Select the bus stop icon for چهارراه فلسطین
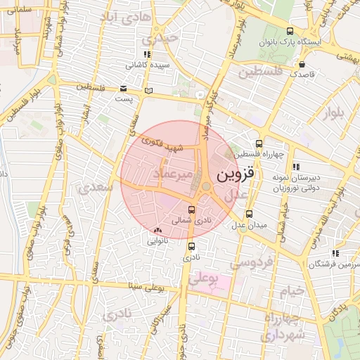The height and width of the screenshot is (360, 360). pos(259,143)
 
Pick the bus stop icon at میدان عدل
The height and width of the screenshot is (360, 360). pos(249,214)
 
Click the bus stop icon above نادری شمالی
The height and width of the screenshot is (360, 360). pos(192,210)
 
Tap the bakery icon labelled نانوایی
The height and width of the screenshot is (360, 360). pos(157,230)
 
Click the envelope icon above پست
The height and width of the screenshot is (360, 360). pos(124,89)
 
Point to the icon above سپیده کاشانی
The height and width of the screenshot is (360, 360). pos(146,53)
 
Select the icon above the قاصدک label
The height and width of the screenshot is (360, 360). pos(302,65)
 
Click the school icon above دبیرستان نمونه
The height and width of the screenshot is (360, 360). pos(295,167)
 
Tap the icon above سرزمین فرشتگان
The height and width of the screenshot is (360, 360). pos(336,252)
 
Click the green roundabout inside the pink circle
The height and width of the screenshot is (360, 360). pos(206,186)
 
